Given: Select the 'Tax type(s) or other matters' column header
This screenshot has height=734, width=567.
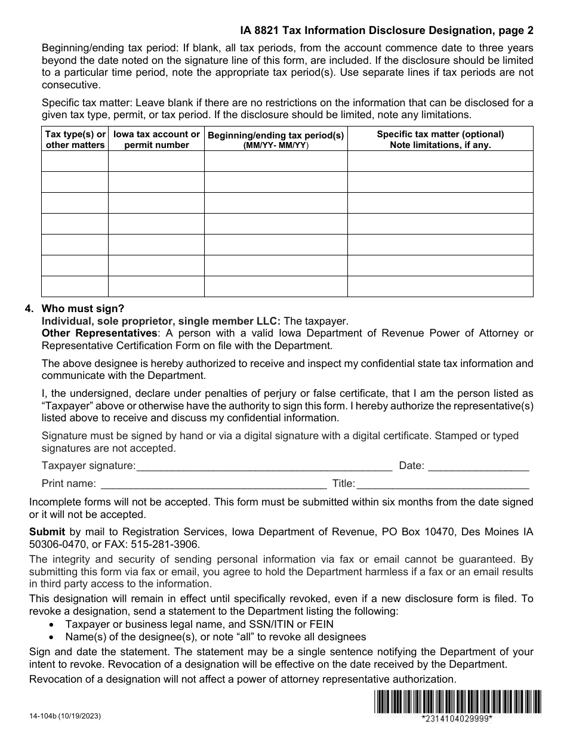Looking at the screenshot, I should click(x=75, y=139).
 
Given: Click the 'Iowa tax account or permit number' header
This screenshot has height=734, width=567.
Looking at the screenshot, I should click(x=156, y=139).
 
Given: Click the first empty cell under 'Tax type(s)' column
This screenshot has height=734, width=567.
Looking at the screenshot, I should click(x=75, y=161).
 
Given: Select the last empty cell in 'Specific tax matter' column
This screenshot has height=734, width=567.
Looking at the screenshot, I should click(x=440, y=286).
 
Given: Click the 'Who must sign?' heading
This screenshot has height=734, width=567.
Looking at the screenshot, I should click(x=83, y=309).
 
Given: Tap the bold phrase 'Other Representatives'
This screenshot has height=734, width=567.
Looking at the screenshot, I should click(x=100, y=333).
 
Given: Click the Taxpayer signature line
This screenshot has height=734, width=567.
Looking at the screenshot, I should click(x=264, y=466).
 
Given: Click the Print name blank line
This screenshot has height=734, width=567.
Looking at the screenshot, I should click(x=213, y=484).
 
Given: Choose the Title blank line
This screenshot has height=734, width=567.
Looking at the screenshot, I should click(x=442, y=484).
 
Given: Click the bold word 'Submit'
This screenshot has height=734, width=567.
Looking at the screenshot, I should click(x=47, y=532).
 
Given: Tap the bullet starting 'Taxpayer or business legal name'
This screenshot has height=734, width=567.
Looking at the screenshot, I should click(x=199, y=624).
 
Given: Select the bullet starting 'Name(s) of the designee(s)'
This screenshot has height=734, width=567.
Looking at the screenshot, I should click(x=215, y=637).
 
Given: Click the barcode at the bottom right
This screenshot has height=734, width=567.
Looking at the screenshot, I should click(x=458, y=702).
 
